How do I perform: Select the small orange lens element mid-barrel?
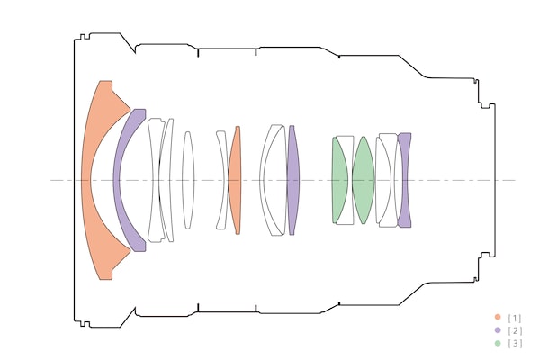[x=236, y=180]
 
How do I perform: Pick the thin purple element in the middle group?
[x=292, y=180]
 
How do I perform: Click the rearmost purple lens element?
[x=405, y=180]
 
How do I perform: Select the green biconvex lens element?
[x=363, y=180]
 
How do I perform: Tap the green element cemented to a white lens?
[x=339, y=180]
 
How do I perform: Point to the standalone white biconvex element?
[x=187, y=180]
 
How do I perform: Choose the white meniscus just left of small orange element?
[x=220, y=180]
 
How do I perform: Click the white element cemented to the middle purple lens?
[x=273, y=180]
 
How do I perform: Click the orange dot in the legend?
[x=497, y=318]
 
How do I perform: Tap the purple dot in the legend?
[x=497, y=330]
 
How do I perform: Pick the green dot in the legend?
[x=497, y=343]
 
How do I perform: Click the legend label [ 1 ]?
[x=515, y=318]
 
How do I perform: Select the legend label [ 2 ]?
[x=515, y=330]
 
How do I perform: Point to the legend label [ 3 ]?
[x=515, y=343]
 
